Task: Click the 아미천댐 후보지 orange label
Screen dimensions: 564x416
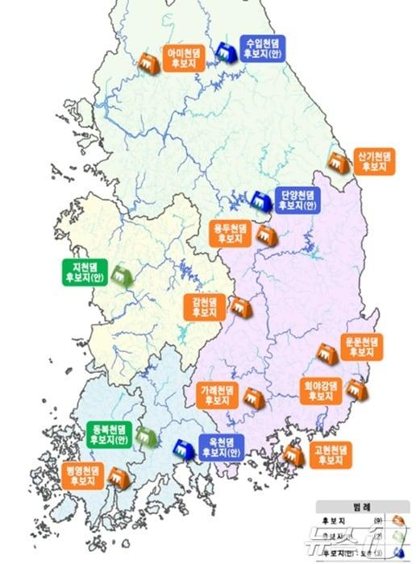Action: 185,60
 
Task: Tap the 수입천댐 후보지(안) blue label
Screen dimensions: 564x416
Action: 264,48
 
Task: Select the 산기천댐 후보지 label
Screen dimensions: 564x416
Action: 374,160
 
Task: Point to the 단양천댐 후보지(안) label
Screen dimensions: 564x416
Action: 297,200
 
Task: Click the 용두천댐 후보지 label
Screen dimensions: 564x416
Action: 229,234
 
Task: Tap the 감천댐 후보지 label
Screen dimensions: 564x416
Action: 205,306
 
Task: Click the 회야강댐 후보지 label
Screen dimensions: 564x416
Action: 322,390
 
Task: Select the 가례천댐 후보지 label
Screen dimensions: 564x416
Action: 218,395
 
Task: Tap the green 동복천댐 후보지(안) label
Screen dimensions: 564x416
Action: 109,433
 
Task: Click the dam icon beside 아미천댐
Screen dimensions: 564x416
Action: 148,61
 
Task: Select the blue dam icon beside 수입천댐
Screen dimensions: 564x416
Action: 228,52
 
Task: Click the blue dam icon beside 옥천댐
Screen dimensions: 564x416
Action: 184,449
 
